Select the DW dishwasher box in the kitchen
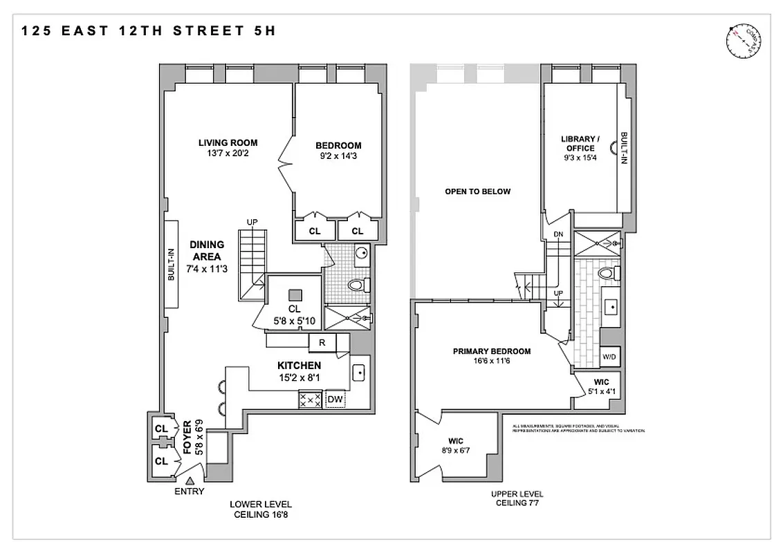(335, 399)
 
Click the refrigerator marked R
(322, 341)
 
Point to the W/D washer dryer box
(609, 357)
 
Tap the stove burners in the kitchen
(309, 399)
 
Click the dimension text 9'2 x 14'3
(338, 156)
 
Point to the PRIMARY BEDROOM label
(492, 351)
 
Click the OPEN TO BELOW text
(477, 191)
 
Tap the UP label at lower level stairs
(252, 222)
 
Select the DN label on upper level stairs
(558, 234)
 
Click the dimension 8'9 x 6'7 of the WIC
(454, 451)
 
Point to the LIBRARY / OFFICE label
(580, 143)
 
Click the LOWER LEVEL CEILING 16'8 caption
(261, 509)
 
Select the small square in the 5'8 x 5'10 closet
(294, 292)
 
